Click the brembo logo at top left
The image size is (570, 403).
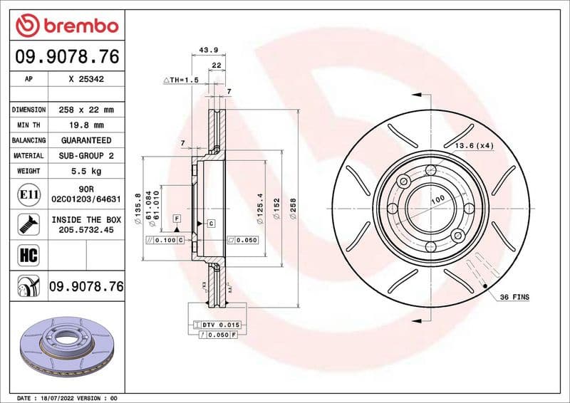click(x=66, y=26)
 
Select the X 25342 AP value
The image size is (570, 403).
click(x=86, y=80)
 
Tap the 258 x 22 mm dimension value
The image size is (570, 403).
click(x=86, y=110)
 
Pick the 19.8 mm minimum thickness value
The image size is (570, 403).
click(x=86, y=125)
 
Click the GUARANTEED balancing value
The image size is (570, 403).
click(x=86, y=140)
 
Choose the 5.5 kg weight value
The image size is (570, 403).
click(x=86, y=171)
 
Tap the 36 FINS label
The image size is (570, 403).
click(x=514, y=296)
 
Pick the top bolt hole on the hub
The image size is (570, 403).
click(x=430, y=170)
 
